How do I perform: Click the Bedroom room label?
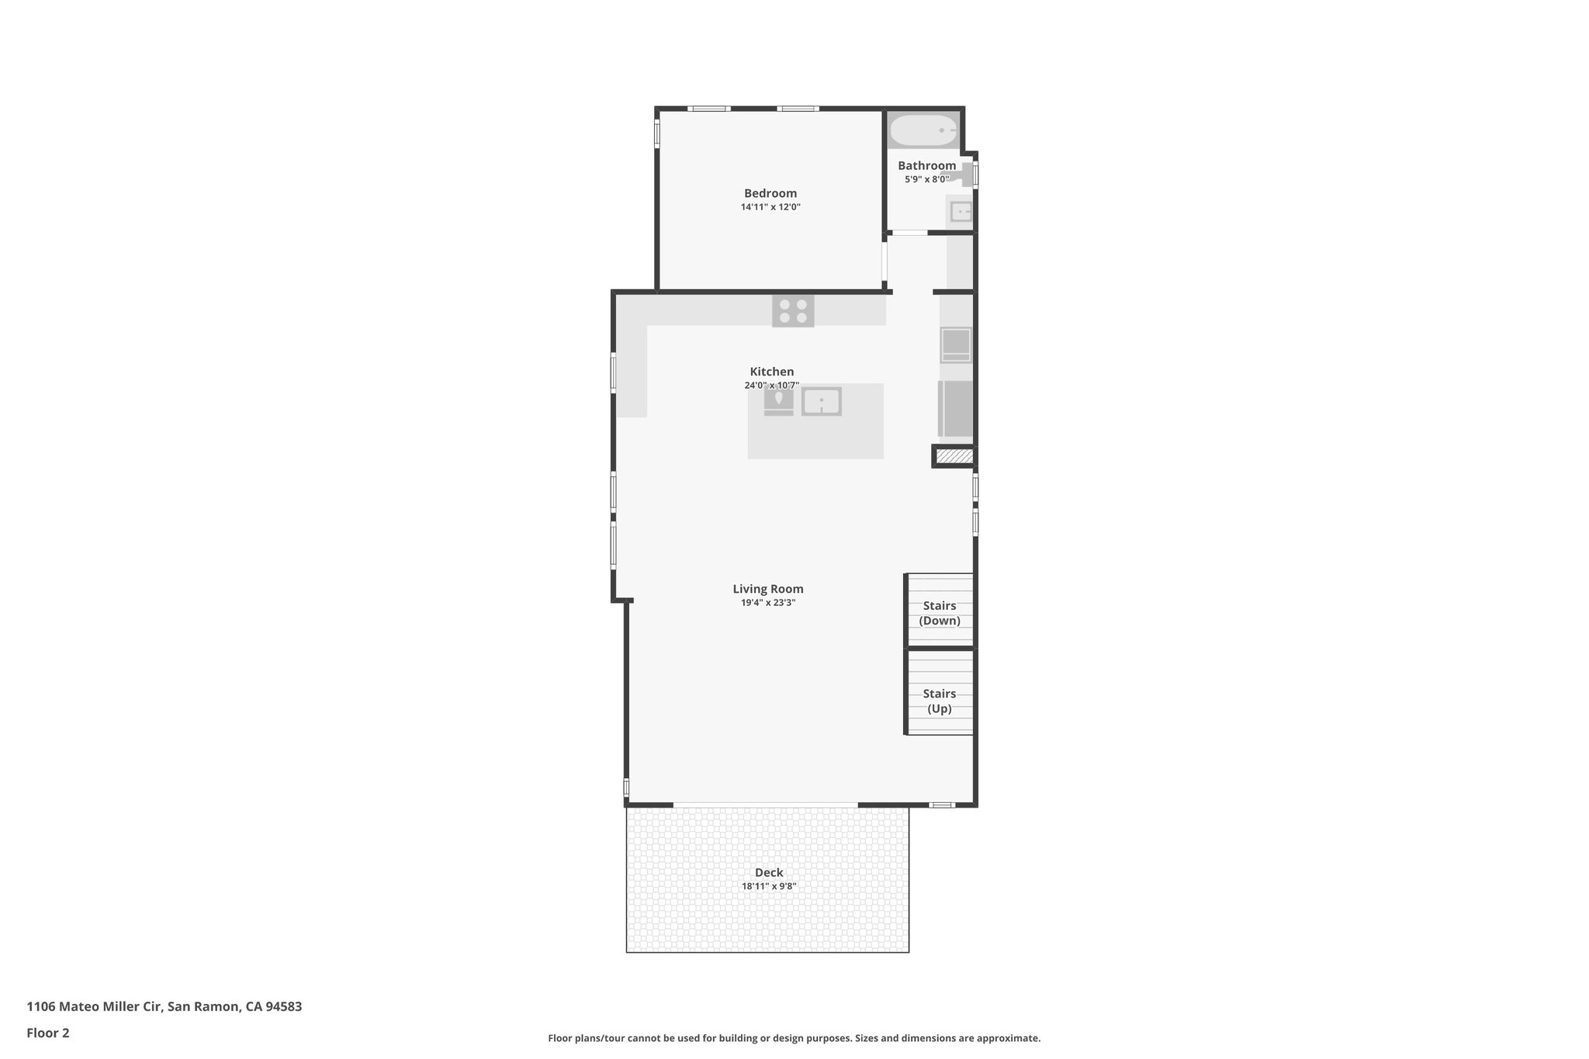[770, 193]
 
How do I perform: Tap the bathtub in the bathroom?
[923, 130]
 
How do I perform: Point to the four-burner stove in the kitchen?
[793, 311]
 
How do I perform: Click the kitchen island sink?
[821, 401]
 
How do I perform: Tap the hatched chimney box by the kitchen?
[954, 456]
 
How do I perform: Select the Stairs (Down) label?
[939, 613]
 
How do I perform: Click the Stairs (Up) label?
[939, 701]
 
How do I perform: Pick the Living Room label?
[768, 589]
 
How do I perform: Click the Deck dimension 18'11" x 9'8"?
[769, 886]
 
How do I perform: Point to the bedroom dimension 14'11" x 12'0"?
[770, 207]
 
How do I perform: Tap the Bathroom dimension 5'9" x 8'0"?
[926, 179]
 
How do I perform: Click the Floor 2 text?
[48, 1033]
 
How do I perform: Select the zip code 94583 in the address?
[283, 1007]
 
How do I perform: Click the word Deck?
[769, 872]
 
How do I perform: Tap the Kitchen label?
[771, 372]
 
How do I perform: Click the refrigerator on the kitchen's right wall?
[956, 409]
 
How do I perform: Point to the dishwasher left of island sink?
[778, 400]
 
